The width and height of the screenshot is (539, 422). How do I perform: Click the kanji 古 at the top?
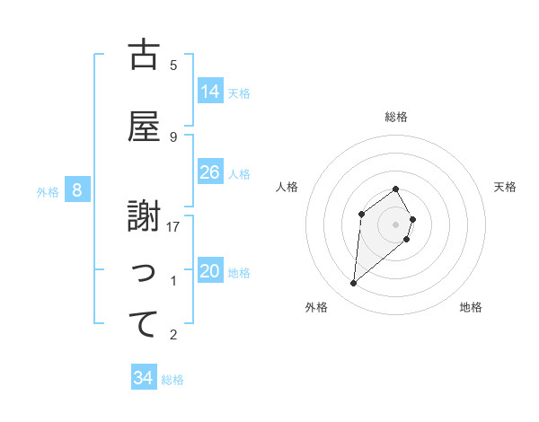click(144, 56)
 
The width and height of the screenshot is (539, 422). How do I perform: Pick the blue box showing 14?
click(210, 91)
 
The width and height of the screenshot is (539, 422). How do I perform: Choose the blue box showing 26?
click(210, 172)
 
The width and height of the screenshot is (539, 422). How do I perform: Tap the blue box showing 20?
click(210, 271)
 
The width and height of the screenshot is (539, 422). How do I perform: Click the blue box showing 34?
click(144, 378)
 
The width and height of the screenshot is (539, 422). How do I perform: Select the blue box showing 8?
click(77, 190)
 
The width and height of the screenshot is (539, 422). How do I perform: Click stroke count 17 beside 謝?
click(173, 227)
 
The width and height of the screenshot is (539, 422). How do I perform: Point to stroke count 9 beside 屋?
click(173, 136)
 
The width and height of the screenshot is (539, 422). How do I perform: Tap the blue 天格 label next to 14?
click(239, 92)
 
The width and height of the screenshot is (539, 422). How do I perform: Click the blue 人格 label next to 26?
click(239, 173)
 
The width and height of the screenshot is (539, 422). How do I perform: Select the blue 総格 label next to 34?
click(172, 380)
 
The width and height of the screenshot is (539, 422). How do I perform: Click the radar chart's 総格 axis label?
click(396, 117)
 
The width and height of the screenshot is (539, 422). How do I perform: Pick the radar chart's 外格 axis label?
click(316, 307)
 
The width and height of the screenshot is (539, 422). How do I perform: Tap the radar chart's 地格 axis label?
click(471, 307)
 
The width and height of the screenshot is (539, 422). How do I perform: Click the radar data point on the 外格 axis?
click(354, 284)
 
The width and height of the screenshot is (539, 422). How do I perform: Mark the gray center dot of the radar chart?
click(396, 224)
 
